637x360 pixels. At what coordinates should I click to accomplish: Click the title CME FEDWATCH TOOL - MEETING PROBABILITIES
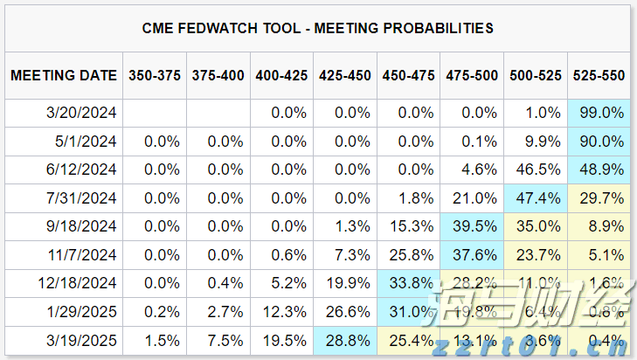[x=318, y=28]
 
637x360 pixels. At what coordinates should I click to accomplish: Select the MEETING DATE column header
[x=64, y=76]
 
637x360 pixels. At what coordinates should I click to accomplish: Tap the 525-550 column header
[x=599, y=76]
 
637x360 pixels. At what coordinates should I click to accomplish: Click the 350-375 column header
[x=155, y=76]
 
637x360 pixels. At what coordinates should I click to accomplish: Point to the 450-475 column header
[x=409, y=76]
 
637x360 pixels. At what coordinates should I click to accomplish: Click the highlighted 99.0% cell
[x=599, y=112]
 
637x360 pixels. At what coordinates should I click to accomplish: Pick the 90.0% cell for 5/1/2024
[x=599, y=141]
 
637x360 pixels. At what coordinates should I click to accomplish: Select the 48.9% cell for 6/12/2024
[x=599, y=170]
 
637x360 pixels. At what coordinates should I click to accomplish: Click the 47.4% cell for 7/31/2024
[x=536, y=197]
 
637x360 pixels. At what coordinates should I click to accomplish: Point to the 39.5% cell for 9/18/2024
[x=472, y=226]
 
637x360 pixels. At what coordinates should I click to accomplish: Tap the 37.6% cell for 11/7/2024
[x=472, y=255]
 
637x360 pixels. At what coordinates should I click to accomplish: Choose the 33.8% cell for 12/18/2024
[x=409, y=283]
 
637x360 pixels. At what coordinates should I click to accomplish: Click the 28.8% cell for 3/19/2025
[x=345, y=340]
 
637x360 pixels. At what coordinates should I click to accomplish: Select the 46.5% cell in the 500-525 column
[x=536, y=170]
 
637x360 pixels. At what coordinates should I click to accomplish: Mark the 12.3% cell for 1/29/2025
[x=281, y=312]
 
